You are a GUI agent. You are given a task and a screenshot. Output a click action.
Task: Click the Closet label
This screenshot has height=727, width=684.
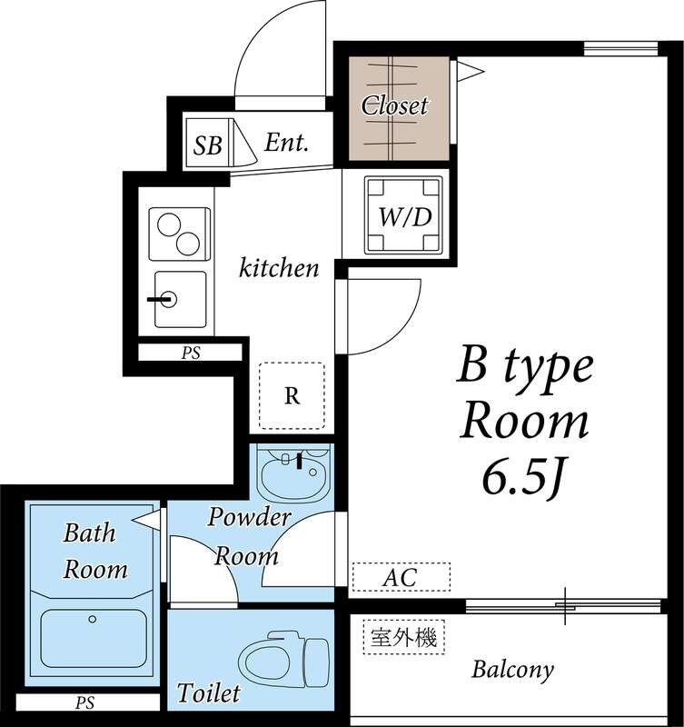coord(394,105)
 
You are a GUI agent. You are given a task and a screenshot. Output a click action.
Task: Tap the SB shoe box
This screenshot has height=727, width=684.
coord(208,143)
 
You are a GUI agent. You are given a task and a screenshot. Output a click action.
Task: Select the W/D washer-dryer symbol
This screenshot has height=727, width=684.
coord(403,215)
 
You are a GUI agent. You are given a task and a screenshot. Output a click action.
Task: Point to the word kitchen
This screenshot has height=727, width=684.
coord(279,268)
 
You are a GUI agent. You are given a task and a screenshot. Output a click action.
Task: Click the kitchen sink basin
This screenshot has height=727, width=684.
coord(180,299)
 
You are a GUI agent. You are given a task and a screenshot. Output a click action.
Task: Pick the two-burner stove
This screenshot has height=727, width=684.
coord(179,234)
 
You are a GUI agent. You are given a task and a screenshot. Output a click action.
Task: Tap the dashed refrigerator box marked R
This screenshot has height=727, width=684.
coord(292,395)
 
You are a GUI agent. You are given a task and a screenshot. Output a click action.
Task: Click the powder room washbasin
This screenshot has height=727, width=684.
coord(294,473)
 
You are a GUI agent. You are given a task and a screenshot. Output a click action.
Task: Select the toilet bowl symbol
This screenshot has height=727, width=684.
coord(283,658)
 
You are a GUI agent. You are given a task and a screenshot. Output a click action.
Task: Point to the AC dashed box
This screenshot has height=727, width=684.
coord(401,577)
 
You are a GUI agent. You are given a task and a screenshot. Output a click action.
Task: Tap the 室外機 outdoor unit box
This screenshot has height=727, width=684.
coord(403,638)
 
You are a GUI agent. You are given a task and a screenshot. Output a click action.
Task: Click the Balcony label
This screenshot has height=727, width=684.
coord(512,670)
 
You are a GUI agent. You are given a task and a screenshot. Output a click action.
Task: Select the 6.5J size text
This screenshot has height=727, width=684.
coord(522,480)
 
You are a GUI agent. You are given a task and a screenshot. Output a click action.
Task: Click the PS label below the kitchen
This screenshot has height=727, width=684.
coord(191,354)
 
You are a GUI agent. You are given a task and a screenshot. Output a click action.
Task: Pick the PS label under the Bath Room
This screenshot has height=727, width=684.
coord(84,702)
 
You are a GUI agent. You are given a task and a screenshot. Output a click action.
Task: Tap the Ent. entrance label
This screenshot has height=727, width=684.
coord(286,143)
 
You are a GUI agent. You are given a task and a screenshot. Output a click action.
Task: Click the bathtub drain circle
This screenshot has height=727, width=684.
coord(93,619)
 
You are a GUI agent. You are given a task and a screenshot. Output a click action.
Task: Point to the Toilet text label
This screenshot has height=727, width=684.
coord(209,692)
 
